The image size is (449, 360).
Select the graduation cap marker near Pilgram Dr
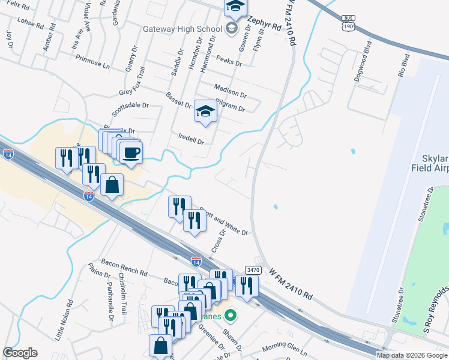[x=205, y=112]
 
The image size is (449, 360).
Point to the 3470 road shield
[x=253, y=271]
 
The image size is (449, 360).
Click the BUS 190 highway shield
[x=348, y=23]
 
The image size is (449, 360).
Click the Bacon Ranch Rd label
[x=124, y=272]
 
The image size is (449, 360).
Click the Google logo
[x=20, y=353]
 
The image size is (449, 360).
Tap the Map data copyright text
[x=411, y=355]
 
